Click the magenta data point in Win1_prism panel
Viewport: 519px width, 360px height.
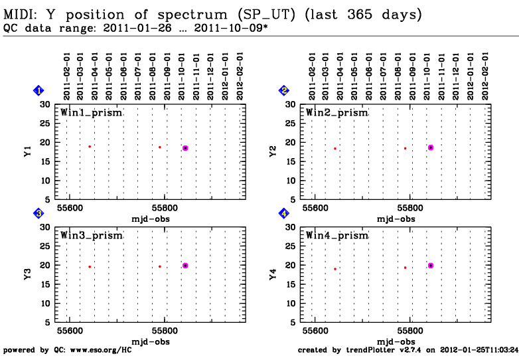tap(185, 148)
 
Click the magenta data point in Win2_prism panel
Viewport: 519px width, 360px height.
tap(431, 147)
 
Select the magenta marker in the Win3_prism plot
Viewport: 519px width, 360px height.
tap(185, 266)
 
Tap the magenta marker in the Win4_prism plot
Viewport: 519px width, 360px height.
tap(431, 266)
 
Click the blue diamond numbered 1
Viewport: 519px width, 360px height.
tap(39, 90)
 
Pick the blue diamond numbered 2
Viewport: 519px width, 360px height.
tap(284, 90)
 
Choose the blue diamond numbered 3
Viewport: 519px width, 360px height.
tap(39, 213)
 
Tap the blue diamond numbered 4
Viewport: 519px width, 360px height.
tap(284, 213)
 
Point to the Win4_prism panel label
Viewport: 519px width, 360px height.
tap(336, 235)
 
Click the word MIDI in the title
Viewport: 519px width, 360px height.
tap(19, 14)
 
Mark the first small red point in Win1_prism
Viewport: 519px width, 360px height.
tap(90, 146)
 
